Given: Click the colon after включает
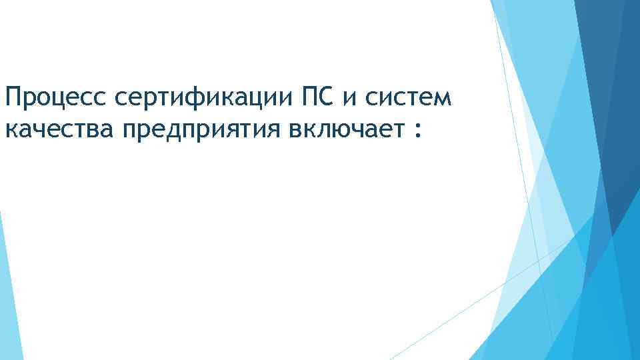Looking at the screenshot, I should [417, 129].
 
